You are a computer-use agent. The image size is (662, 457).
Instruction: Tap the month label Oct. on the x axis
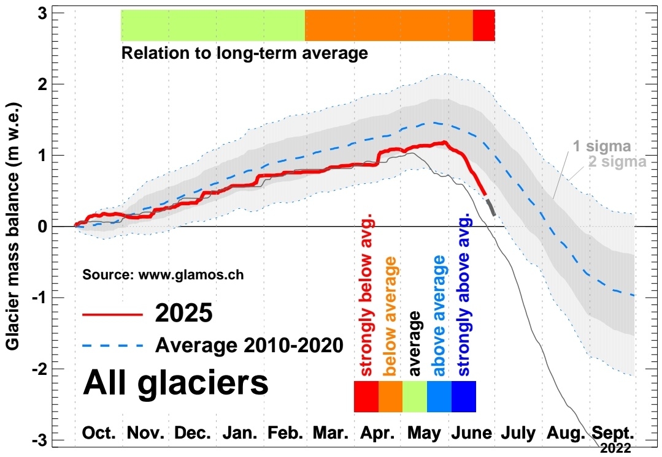click(99, 433)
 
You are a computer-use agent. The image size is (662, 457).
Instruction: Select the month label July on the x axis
click(519, 433)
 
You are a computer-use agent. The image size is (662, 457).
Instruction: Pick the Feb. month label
click(285, 433)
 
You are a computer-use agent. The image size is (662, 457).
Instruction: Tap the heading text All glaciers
click(175, 382)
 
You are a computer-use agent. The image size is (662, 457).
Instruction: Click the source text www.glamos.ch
click(163, 275)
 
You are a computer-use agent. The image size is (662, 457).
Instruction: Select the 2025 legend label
click(184, 314)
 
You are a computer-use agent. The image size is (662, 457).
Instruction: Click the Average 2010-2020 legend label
click(249, 346)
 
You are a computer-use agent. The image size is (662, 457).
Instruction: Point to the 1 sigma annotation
click(602, 146)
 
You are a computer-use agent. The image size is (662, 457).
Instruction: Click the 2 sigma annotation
click(617, 162)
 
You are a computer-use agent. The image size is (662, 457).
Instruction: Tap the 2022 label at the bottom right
click(615, 448)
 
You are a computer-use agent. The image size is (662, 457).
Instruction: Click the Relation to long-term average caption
click(244, 53)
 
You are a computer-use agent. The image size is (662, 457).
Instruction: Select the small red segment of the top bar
click(483, 26)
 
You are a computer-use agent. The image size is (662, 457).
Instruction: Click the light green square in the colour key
click(415, 396)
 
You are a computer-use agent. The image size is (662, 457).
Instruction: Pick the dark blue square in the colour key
click(463, 396)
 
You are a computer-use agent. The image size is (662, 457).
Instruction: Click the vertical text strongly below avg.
click(367, 296)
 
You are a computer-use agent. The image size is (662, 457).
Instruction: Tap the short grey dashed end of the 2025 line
click(491, 208)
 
